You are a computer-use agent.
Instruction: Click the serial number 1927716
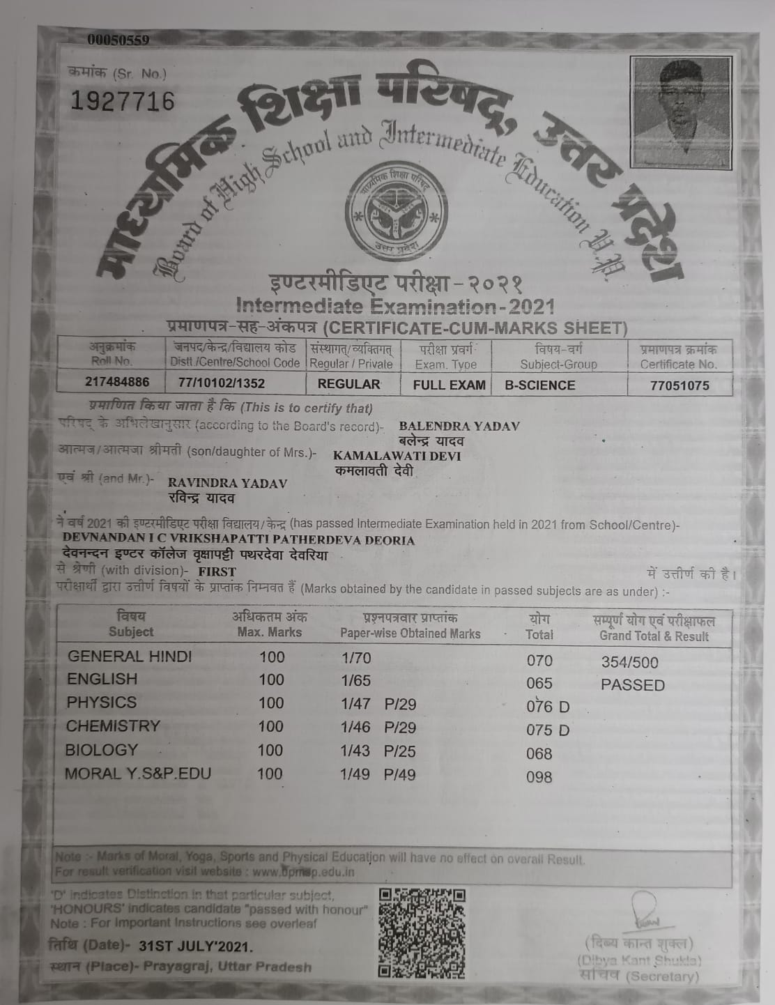[x=123, y=102]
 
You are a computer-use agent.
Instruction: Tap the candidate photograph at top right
[x=680, y=112]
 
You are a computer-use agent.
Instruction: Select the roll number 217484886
[x=118, y=383]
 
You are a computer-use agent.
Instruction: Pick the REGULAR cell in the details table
[x=349, y=384]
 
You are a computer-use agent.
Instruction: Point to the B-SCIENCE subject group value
[x=535, y=385]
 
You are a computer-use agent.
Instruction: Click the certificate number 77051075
[x=679, y=385]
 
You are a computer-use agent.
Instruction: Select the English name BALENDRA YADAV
[x=459, y=426]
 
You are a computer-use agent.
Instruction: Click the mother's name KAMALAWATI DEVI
[x=397, y=456]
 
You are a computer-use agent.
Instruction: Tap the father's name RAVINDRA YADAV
[x=227, y=483]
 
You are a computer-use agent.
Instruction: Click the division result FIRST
[x=217, y=571]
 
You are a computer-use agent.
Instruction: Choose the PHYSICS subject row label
[x=102, y=702]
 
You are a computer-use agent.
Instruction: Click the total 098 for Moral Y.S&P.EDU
[x=539, y=777]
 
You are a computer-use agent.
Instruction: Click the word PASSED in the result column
[x=633, y=685]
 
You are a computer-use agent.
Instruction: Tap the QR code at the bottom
[x=422, y=932]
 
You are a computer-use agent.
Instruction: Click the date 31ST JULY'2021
[x=197, y=946]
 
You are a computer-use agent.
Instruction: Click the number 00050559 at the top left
[x=118, y=40]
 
